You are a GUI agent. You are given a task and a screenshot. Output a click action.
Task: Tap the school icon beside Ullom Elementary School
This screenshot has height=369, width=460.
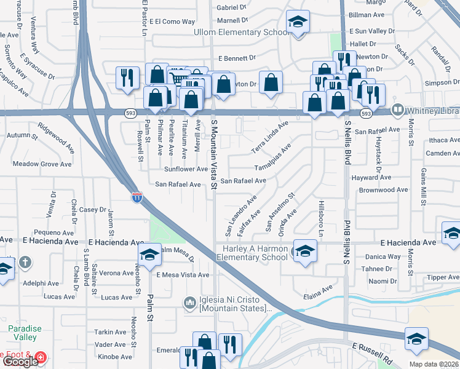[x=298, y=23]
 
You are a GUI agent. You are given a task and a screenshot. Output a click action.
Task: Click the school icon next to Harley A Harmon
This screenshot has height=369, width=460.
[x=304, y=251]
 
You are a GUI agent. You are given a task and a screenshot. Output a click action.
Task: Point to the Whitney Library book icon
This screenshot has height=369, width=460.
[x=398, y=110]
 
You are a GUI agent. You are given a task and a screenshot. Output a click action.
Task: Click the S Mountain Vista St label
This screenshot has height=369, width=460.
[x=215, y=154]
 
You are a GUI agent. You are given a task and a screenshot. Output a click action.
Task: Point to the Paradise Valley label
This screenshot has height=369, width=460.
[x=25, y=333]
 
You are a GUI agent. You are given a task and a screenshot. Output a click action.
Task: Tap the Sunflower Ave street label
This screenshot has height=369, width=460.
[x=186, y=169]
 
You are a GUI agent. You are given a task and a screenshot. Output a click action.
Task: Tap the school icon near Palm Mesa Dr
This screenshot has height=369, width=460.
[x=149, y=255]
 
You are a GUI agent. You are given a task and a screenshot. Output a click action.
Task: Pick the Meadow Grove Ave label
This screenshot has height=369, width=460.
[x=42, y=164]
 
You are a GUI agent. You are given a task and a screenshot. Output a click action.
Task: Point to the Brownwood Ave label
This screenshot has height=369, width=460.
[x=384, y=190]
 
